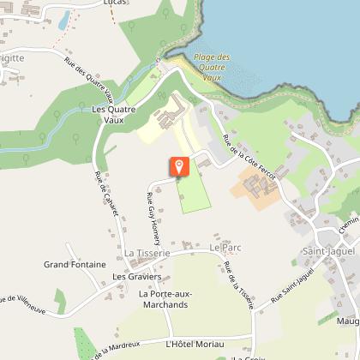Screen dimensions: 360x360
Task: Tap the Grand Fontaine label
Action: [75, 265]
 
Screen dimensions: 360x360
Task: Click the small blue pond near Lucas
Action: [63, 19]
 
